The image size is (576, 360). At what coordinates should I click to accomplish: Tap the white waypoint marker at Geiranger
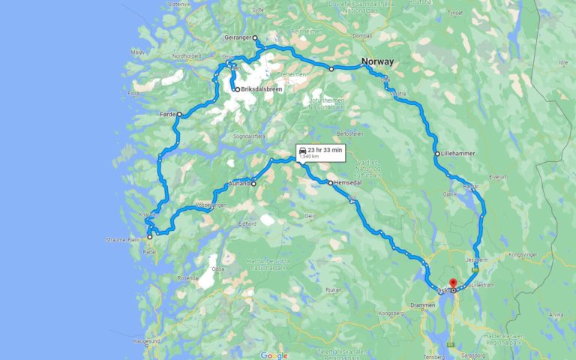[255, 37]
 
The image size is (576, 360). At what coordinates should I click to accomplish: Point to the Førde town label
[167, 114]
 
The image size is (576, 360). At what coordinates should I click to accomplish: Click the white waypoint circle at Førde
[179, 114]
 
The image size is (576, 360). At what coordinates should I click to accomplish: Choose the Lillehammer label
[458, 154]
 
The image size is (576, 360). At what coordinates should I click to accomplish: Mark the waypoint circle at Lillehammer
[437, 154]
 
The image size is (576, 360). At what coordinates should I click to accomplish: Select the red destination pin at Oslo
[453, 284]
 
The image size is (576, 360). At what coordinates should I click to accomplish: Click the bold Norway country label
[378, 61]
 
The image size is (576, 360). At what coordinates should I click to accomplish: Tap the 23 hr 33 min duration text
[325, 149]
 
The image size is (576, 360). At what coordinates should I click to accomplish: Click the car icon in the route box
[301, 149]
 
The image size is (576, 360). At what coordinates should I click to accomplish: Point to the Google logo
[274, 355]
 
